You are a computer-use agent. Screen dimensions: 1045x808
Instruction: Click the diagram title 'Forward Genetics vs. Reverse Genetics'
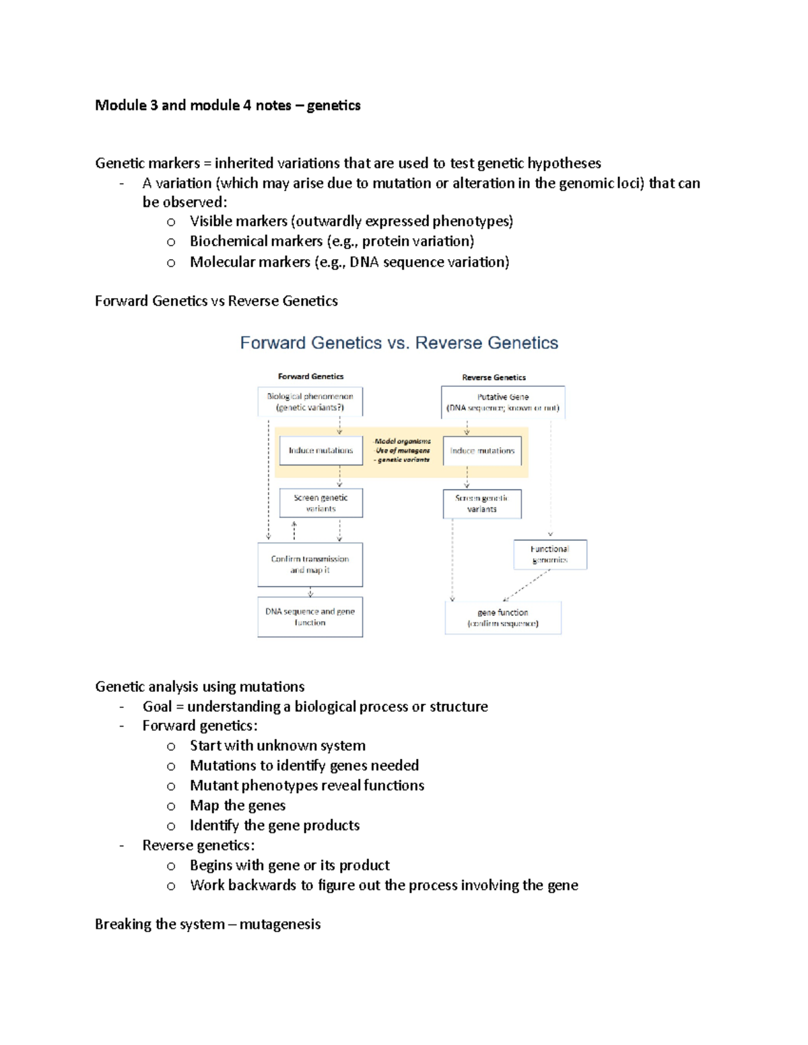tap(399, 343)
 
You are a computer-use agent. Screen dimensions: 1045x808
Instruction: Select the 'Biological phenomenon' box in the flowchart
tap(310, 402)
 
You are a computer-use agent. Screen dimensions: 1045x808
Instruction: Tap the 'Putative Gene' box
tap(502, 402)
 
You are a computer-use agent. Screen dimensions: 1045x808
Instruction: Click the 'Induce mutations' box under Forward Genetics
tap(321, 450)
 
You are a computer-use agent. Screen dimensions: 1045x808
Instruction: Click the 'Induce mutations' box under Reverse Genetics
tap(482, 451)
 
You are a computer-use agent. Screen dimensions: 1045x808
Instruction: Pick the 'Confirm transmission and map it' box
tap(310, 565)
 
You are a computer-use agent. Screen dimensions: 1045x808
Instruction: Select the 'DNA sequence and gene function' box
tap(310, 617)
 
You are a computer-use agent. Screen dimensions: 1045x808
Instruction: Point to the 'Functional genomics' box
tap(549, 554)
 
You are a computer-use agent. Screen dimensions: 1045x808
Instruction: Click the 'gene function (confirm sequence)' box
tap(502, 618)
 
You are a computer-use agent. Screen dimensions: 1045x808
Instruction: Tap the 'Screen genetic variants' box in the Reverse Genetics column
tap(481, 504)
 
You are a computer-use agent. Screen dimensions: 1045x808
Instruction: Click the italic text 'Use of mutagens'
tap(403, 451)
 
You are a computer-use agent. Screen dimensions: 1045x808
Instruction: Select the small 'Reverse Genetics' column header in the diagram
tap(494, 377)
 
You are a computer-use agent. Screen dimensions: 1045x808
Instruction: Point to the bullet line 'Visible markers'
tap(351, 221)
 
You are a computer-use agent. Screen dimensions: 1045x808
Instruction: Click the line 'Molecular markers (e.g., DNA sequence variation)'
tap(349, 262)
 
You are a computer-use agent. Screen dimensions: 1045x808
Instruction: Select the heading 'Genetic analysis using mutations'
tap(199, 686)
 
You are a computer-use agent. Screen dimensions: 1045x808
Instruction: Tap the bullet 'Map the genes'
tap(237, 805)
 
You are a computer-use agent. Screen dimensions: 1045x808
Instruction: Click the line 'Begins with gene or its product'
tap(290, 865)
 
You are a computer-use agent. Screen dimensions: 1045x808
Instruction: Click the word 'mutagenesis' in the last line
tap(279, 924)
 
